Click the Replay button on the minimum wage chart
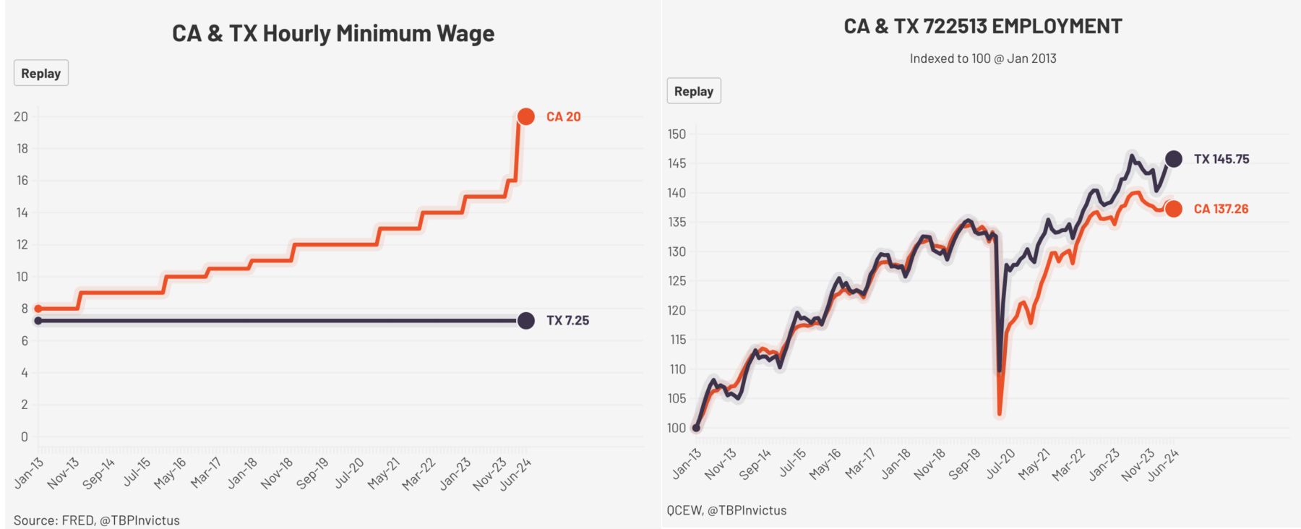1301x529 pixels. [41, 73]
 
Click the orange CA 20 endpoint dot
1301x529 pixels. [526, 116]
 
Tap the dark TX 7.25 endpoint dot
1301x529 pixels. [526, 321]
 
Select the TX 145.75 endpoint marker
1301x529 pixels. [1174, 159]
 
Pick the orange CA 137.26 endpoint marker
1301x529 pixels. [1174, 209]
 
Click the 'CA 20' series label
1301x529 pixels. [563, 116]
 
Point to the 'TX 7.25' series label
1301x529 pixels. [567, 321]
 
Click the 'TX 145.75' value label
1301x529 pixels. [1221, 159]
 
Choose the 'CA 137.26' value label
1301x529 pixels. [1221, 209]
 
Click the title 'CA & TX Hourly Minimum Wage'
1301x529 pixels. [333, 34]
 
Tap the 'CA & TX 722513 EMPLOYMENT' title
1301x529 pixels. [983, 27]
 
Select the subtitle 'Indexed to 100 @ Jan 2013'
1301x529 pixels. [983, 59]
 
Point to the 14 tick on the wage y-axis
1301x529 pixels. [22, 212]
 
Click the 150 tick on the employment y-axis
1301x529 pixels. [677, 134]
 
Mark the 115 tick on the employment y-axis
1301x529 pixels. [677, 340]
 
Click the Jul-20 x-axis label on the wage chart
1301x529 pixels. [350, 473]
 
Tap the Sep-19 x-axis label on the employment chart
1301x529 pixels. [965, 464]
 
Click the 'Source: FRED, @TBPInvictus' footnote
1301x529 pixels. [97, 520]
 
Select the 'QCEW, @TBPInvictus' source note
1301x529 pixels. [726, 510]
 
